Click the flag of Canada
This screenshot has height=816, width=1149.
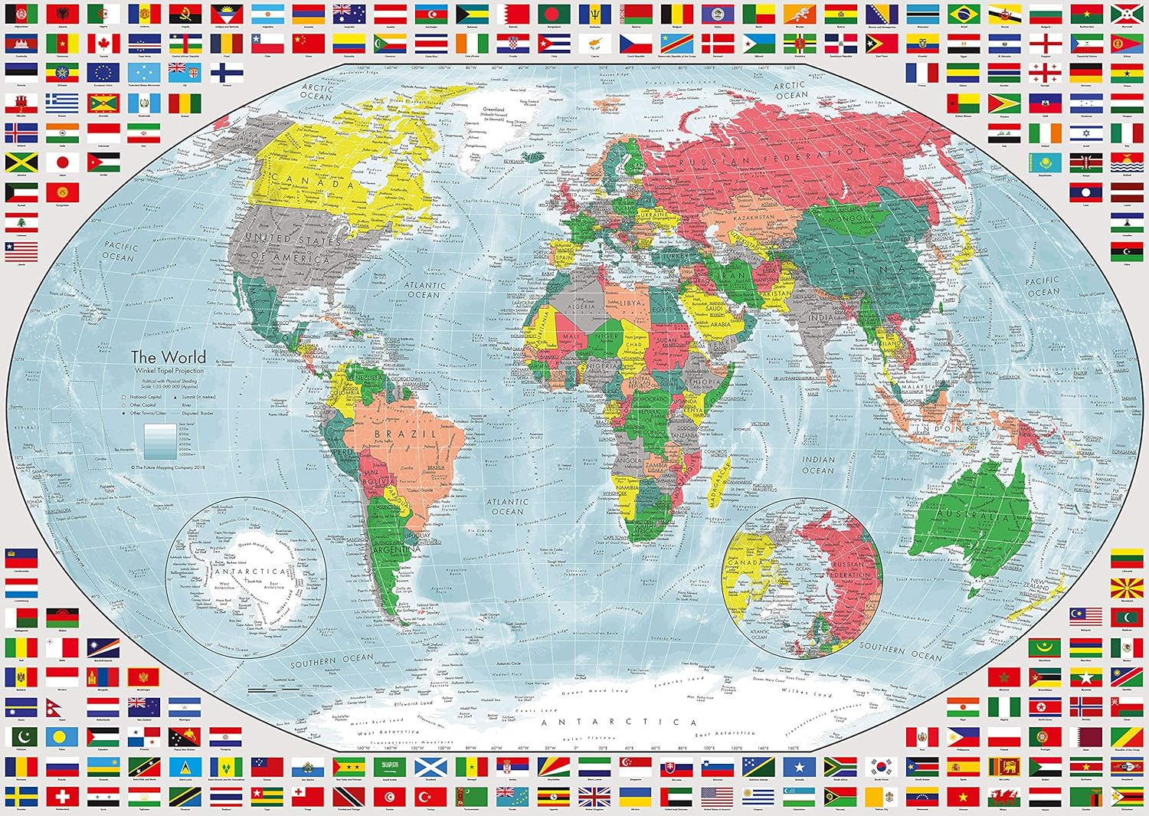[103, 44]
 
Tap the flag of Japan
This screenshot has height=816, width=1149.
[62, 162]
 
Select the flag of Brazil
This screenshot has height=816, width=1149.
[963, 15]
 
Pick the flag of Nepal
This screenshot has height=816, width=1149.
[62, 706]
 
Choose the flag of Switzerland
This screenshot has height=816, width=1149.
[62, 796]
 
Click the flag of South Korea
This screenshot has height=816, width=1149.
[882, 766]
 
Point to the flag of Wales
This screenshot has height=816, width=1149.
[1003, 796]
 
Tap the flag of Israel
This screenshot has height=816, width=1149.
[1085, 133]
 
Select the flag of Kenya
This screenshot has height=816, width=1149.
[1085, 162]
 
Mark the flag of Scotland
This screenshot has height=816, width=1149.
[430, 766]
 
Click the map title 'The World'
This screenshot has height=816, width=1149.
[168, 357]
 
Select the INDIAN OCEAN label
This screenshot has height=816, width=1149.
[818, 465]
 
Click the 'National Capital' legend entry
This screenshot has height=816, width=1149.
[144, 397]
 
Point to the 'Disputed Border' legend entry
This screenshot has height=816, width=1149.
[198, 413]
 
